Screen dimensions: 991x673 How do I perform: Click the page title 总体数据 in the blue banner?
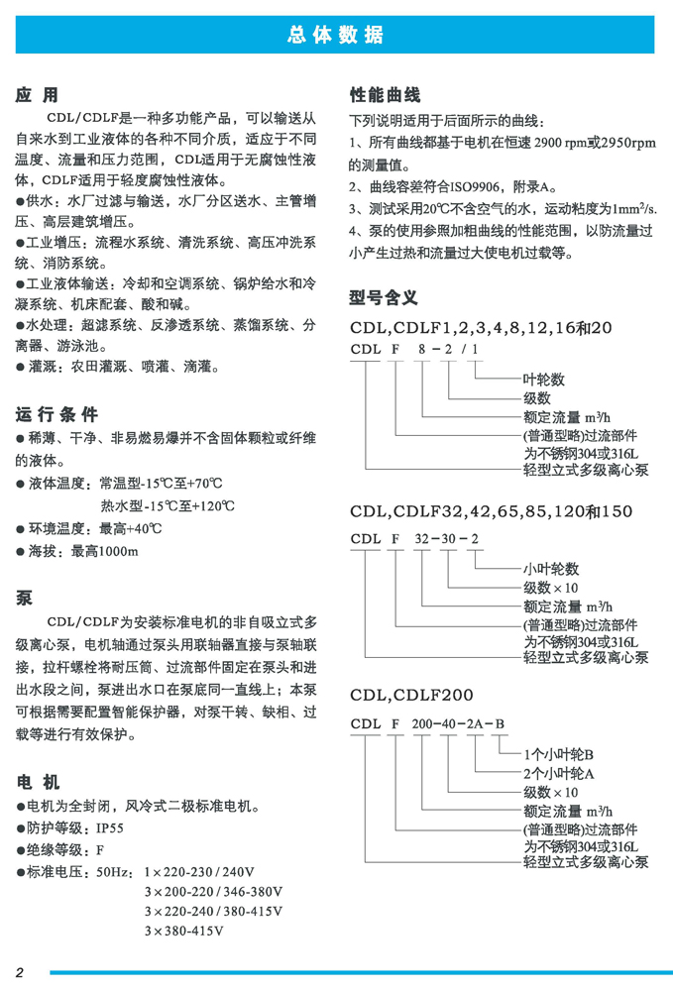pos(335,36)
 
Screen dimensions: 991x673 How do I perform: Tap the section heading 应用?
pos(37,96)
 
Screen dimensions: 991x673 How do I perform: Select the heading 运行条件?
pos(56,414)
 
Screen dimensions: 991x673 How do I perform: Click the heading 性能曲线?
pos(386,96)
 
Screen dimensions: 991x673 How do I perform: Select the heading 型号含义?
pos(385,297)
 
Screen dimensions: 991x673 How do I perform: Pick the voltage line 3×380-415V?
pos(183,931)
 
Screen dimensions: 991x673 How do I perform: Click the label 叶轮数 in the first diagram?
pos(543,379)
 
